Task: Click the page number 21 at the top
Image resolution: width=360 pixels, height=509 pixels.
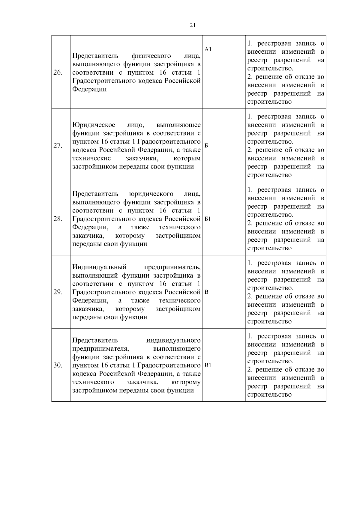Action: click(193, 25)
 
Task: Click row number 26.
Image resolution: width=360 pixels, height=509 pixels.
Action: click(58, 73)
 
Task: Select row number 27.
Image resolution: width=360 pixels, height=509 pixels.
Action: click(58, 146)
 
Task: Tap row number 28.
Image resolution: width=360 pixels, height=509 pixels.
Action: click(58, 219)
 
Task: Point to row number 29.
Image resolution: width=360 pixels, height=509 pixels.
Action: click(58, 292)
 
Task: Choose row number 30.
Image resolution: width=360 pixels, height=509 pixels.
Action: click(58, 365)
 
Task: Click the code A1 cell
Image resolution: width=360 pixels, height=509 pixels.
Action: click(208, 50)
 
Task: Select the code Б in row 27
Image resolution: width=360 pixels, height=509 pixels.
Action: click(206, 146)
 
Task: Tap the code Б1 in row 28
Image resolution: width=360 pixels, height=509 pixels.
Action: click(208, 219)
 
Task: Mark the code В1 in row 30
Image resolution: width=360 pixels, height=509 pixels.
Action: click(208, 365)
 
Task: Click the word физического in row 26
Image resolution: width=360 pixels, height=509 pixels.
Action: click(151, 56)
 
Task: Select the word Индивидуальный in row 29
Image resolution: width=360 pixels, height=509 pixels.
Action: click(100, 267)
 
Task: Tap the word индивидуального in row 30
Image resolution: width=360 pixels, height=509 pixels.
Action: click(173, 341)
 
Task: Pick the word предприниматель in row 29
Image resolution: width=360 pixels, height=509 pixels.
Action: click(172, 267)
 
